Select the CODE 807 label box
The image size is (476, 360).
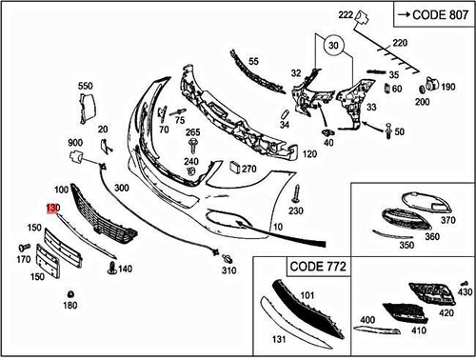pos(429,16)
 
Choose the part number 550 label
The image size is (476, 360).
pos(86,87)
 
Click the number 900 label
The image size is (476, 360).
pos(74,142)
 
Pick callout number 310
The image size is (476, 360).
pos(228,270)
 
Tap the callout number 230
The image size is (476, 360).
pos(296,210)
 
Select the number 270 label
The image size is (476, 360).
pos(249,169)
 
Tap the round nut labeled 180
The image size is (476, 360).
pos(69,292)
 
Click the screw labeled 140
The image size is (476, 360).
pos(112,270)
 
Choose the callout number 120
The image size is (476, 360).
pos(309,153)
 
